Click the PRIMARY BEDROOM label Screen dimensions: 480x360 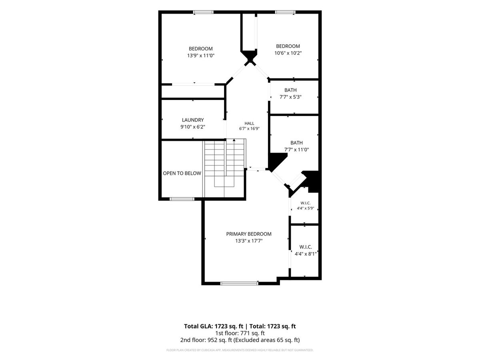pos(249,234)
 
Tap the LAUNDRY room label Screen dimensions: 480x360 pos(193,120)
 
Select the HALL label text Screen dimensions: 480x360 pos(249,123)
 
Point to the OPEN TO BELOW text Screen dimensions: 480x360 pos(182,173)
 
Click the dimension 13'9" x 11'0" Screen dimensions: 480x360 pos(201,56)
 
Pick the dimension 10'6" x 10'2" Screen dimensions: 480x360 pos(288,53)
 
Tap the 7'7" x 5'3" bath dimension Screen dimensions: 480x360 pos(290,97)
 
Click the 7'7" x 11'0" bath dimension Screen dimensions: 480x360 pos(296,150)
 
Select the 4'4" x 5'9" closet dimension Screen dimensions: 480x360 pos(305,208)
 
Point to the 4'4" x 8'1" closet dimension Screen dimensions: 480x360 pos(306,254)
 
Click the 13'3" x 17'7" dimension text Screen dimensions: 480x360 pos(249,241)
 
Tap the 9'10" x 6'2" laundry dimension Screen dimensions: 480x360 pos(193,127)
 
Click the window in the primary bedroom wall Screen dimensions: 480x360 pos(239,284)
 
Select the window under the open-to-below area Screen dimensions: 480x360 pos(182,199)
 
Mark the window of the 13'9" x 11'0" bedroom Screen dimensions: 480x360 pos(203,12)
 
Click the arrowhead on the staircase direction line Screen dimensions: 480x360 pos(234,140)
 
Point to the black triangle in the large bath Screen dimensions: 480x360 pos(276,161)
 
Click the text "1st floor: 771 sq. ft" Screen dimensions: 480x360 pos(240,333)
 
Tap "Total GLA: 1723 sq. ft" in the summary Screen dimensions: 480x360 pos(214,326)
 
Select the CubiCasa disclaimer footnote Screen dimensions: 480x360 pos(240,350)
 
